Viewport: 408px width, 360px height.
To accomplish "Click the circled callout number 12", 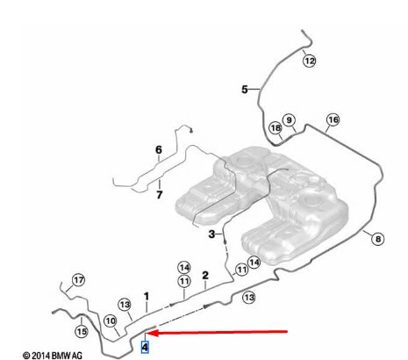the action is click(x=309, y=61).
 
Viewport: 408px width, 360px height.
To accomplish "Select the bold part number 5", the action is click(x=245, y=90).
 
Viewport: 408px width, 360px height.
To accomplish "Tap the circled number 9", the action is click(x=289, y=120).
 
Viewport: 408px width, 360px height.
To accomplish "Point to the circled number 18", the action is click(x=276, y=128).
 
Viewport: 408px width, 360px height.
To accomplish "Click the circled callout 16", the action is click(x=333, y=119).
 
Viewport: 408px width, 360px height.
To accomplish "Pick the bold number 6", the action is click(x=159, y=150).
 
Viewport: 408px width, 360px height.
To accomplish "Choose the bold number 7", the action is click(x=160, y=195).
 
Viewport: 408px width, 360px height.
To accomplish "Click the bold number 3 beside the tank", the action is click(x=211, y=234).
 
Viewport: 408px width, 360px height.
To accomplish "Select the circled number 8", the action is click(x=378, y=239).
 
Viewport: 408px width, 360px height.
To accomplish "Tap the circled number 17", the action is click(x=78, y=280).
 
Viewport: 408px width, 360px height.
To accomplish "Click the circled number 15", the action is click(x=82, y=331).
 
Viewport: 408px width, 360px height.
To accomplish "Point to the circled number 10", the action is click(x=111, y=321).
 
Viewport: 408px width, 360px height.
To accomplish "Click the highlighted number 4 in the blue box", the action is click(x=145, y=347).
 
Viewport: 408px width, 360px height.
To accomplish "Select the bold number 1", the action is click(x=147, y=297).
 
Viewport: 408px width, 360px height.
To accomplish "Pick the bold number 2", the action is click(x=205, y=276).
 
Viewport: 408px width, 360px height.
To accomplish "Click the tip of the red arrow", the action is click(x=147, y=333).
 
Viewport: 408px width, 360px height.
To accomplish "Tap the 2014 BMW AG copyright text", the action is click(x=53, y=356).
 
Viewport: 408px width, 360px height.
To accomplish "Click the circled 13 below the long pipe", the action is click(x=249, y=298).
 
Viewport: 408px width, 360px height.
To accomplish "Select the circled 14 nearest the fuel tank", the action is click(x=254, y=263).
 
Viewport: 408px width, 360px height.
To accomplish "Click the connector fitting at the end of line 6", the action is click(x=191, y=131).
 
